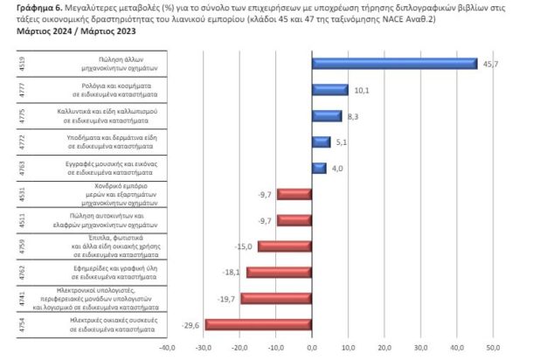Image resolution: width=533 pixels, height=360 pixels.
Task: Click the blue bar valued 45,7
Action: [394, 63]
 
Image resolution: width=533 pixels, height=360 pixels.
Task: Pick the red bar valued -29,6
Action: [259, 325]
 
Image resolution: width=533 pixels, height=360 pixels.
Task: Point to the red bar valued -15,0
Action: [285, 246]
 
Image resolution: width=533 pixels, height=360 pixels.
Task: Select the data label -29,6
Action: [191, 325]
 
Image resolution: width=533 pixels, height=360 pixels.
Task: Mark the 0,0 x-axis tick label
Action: [312, 347]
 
